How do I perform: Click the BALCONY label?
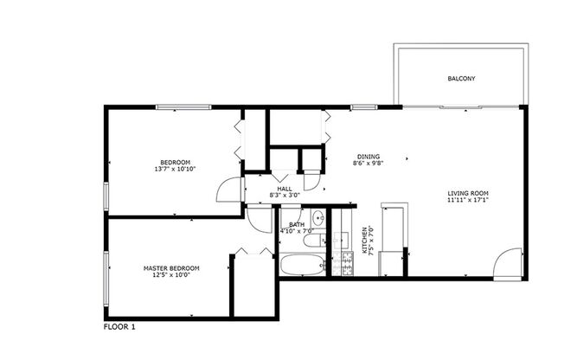pos(461,79)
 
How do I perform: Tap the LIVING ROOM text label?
pos(468,193)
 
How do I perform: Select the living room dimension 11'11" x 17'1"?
pos(468,200)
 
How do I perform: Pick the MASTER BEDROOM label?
pos(170,268)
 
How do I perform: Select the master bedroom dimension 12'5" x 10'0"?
pos(170,275)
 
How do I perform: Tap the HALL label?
pos(284,189)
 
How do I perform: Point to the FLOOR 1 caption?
pos(120,327)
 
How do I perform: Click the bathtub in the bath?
pos(303,265)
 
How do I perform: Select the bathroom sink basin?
pos(317,216)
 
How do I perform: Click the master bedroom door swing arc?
pos(258,216)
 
